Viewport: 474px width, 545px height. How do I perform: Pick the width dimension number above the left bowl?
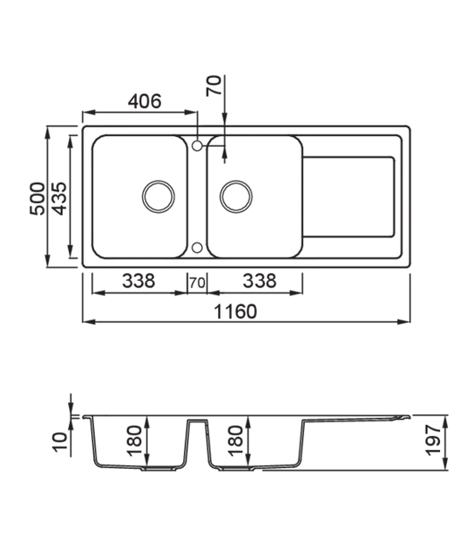click(x=138, y=102)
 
